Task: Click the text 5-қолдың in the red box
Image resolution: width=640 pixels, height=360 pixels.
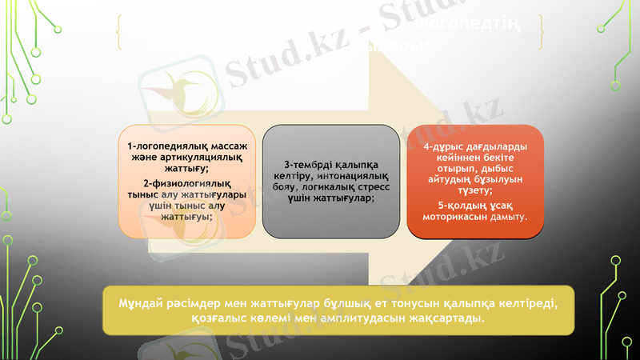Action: coord(456,204)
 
